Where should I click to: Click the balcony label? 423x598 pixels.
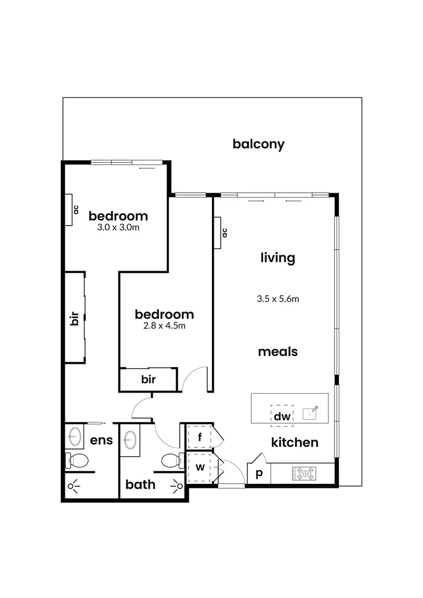[258, 145]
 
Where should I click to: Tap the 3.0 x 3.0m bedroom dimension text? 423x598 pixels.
[118, 227]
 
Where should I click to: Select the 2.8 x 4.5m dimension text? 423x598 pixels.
[164, 326]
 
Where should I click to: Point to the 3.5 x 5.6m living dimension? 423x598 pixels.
[277, 299]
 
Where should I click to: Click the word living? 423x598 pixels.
[277, 257]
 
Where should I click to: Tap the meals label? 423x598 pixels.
[278, 352]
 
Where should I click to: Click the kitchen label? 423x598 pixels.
[295, 442]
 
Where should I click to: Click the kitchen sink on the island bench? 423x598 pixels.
[309, 413]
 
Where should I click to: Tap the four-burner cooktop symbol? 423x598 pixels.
[304, 474]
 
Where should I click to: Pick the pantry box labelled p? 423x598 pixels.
[258, 475]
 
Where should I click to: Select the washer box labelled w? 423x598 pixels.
[200, 467]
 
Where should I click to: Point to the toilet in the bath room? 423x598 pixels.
[173, 460]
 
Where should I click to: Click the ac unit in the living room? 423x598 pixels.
[221, 233]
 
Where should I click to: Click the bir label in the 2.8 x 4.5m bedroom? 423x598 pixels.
[148, 379]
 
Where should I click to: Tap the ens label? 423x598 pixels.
[101, 441]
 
